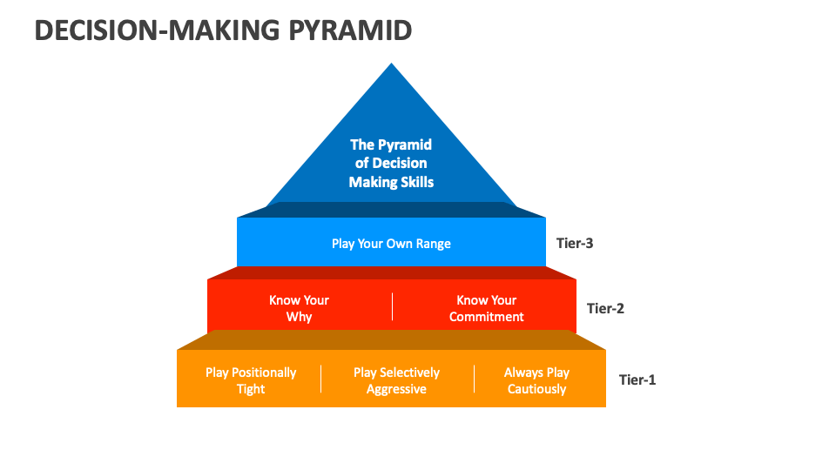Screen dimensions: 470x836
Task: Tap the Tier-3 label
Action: pyautogui.click(x=575, y=243)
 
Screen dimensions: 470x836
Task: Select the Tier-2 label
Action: pyautogui.click(x=605, y=308)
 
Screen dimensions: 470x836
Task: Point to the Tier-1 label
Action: pyautogui.click(x=637, y=379)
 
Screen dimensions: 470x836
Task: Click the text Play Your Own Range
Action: pyautogui.click(x=391, y=244)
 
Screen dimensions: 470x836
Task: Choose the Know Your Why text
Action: pyautogui.click(x=299, y=308)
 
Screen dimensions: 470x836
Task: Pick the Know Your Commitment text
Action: pyautogui.click(x=486, y=308)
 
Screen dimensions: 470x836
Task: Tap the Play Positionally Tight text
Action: pyautogui.click(x=251, y=380)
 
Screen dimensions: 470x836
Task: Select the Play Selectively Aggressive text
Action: pyautogui.click(x=396, y=380)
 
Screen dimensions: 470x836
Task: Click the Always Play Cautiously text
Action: pyautogui.click(x=536, y=380)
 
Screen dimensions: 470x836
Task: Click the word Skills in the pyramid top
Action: pyautogui.click(x=415, y=182)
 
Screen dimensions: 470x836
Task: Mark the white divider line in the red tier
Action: pyautogui.click(x=392, y=307)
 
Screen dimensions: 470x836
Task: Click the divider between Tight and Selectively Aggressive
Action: pyautogui.click(x=320, y=379)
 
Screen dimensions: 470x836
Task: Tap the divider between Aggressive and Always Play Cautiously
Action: pyautogui.click(x=474, y=379)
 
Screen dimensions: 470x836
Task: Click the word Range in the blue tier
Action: pyautogui.click(x=432, y=244)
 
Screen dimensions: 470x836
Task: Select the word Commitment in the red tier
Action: pyautogui.click(x=486, y=317)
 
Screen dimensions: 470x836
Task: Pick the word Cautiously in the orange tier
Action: pyautogui.click(x=536, y=389)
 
